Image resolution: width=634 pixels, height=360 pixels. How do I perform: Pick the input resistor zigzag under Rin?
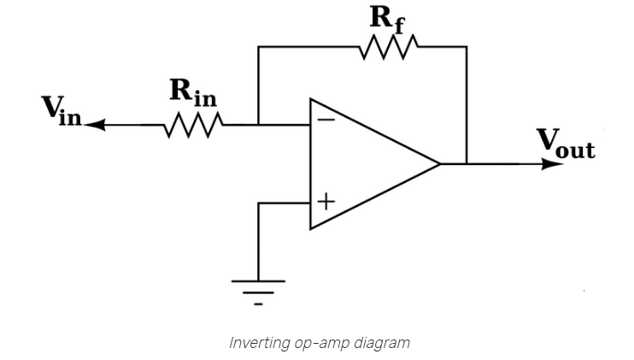[x=194, y=125]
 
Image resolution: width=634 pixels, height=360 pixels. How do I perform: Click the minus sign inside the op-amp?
[x=326, y=121]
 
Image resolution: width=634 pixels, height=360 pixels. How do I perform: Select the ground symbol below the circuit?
[x=258, y=291]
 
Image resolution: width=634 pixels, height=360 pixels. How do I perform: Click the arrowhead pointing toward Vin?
[x=92, y=125]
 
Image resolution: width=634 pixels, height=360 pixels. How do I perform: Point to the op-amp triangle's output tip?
[x=440, y=162]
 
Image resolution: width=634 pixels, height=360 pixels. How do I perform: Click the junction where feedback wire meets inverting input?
[x=258, y=125]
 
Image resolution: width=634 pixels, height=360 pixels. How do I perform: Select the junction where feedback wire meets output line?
[x=467, y=162]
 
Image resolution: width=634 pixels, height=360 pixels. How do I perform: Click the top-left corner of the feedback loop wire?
[x=258, y=47]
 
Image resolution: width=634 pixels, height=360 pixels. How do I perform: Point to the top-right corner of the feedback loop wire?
[x=467, y=47]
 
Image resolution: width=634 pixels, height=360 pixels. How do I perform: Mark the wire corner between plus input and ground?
[x=258, y=203]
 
